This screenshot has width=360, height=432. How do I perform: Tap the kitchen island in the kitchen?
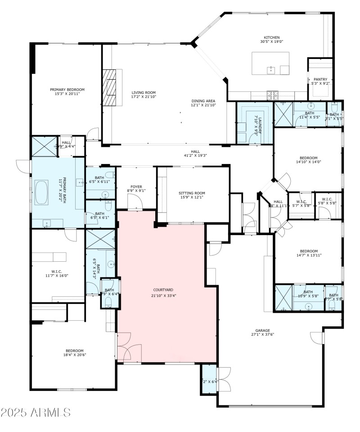click(x=270, y=64)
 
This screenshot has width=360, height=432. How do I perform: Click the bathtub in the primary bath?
click(x=41, y=193)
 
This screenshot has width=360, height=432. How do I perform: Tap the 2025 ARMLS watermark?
click(x=36, y=412)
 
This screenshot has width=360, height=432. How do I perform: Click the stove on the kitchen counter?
click(x=272, y=95)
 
